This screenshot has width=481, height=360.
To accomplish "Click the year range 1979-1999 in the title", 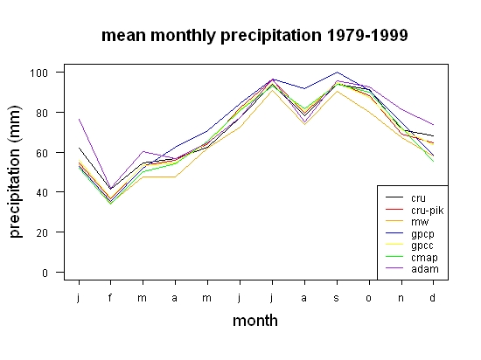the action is click(367, 35).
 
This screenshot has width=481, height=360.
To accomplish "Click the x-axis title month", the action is click(255, 321).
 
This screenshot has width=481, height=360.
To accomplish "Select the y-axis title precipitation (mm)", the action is click(15, 171).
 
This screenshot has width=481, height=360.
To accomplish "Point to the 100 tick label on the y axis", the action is click(38, 73).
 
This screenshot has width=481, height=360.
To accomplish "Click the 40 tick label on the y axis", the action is click(42, 193).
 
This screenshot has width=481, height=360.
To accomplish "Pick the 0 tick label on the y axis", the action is click(45, 273).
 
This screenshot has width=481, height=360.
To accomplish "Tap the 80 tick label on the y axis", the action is click(42, 113).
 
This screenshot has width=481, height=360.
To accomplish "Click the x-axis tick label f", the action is click(110, 297).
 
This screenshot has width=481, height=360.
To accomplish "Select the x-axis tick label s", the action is click(337, 298).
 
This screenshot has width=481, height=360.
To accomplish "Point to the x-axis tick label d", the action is click(432, 297).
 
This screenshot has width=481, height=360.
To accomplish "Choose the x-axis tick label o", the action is click(369, 298).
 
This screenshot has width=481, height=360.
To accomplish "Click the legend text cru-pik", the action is click(428, 211).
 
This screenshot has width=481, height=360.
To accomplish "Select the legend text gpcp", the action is click(422, 234).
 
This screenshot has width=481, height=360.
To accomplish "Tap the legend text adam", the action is click(425, 269).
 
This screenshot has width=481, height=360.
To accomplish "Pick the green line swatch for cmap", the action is click(394, 256).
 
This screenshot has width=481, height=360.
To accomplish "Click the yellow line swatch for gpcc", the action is click(394, 244).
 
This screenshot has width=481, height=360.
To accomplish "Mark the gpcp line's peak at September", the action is click(337, 73).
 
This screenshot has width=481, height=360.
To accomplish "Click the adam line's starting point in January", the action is click(79, 119).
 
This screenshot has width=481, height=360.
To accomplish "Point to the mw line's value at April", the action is click(175, 177).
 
